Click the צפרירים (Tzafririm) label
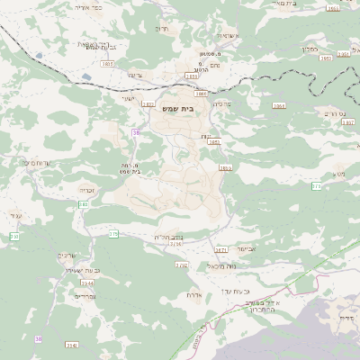85,295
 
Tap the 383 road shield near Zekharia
84,204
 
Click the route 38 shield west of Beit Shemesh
135,132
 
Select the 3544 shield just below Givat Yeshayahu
86,282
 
